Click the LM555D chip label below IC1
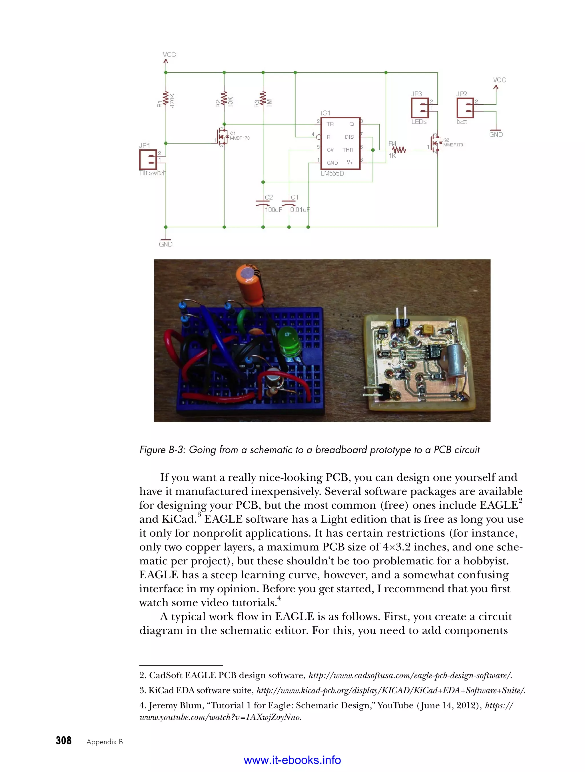(332, 173)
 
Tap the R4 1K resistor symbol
(399, 150)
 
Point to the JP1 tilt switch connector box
(148, 159)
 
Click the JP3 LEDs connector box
(420, 108)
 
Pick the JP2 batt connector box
(465, 108)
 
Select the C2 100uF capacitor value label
(273, 210)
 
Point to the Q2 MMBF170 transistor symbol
(436, 143)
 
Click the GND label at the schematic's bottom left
(166, 244)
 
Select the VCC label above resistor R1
(169, 55)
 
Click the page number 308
(64, 741)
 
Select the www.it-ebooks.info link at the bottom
(292, 760)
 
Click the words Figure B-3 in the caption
(161, 450)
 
